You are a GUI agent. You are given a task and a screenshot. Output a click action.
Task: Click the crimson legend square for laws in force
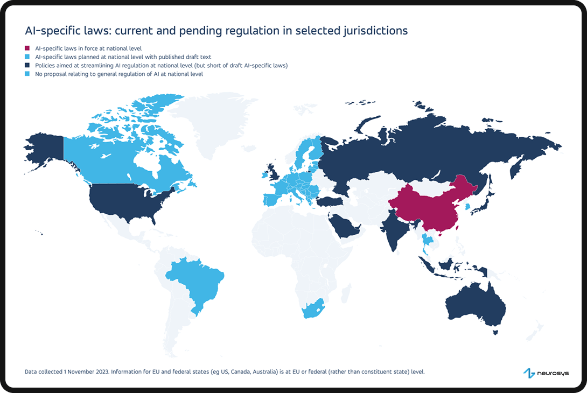click(27, 48)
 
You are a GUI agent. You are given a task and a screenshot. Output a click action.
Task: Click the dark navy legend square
click(27, 66)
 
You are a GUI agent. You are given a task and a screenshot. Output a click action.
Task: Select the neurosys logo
click(546, 373)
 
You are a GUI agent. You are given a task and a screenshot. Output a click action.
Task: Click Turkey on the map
click(329, 201)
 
